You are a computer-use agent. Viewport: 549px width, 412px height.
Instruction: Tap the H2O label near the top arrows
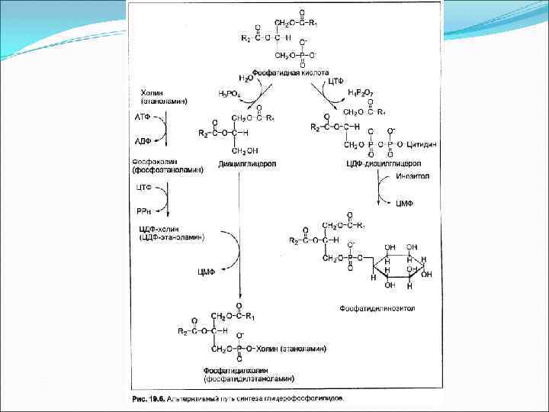[x=246, y=78]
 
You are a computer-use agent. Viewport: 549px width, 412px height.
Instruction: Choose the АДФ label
[x=142, y=141]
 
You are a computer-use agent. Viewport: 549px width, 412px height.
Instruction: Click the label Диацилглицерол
[x=246, y=164]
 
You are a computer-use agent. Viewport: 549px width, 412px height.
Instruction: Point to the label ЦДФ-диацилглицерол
[x=384, y=164]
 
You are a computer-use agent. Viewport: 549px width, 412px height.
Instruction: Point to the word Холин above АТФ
[x=152, y=92]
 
